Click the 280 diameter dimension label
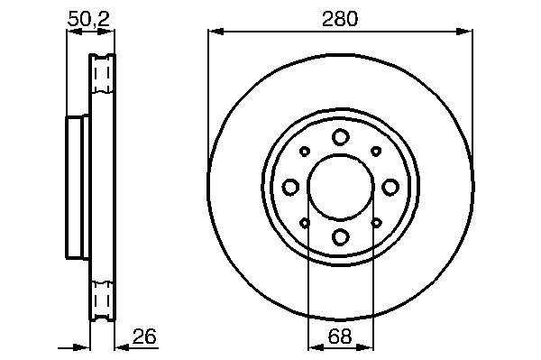tap(340, 19)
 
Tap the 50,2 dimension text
tap(89, 19)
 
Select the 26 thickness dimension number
tap(144, 337)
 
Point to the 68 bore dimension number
tap(340, 337)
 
